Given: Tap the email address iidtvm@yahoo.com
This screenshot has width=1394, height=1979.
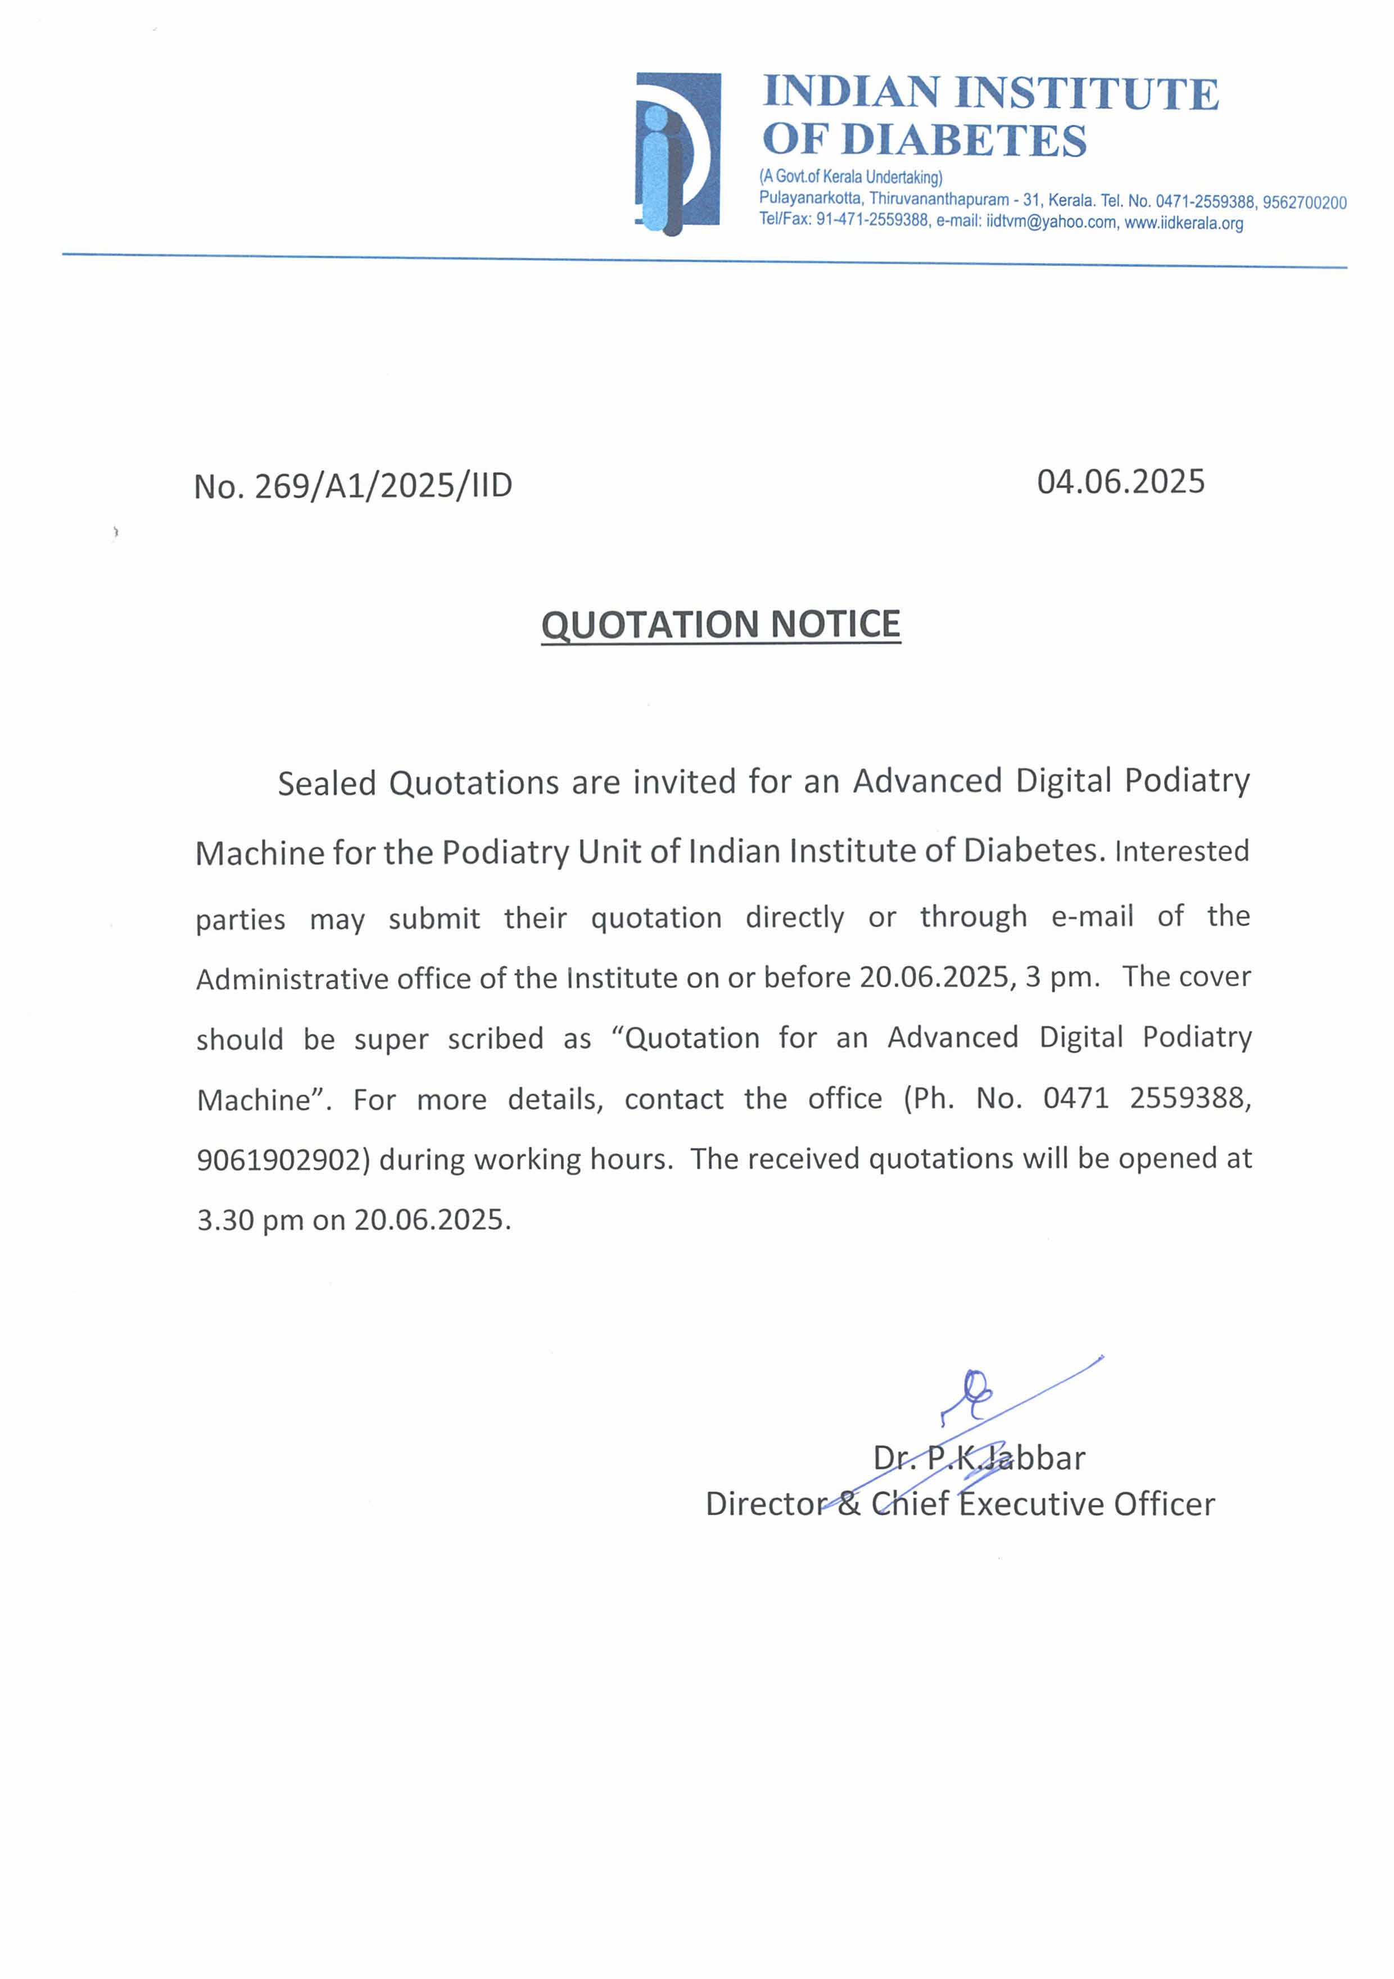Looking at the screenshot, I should (x=1051, y=222).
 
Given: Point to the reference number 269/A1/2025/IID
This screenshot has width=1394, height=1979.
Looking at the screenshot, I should (x=383, y=486).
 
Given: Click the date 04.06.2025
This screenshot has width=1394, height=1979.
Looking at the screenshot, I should (x=1120, y=482).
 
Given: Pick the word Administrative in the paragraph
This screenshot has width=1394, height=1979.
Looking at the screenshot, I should (x=292, y=979).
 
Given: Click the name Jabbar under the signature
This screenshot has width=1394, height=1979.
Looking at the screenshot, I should (x=1034, y=1457).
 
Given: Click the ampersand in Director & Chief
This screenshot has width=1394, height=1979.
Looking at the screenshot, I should (x=849, y=1504).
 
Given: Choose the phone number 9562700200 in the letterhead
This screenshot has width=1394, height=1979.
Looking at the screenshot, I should (x=1304, y=202).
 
